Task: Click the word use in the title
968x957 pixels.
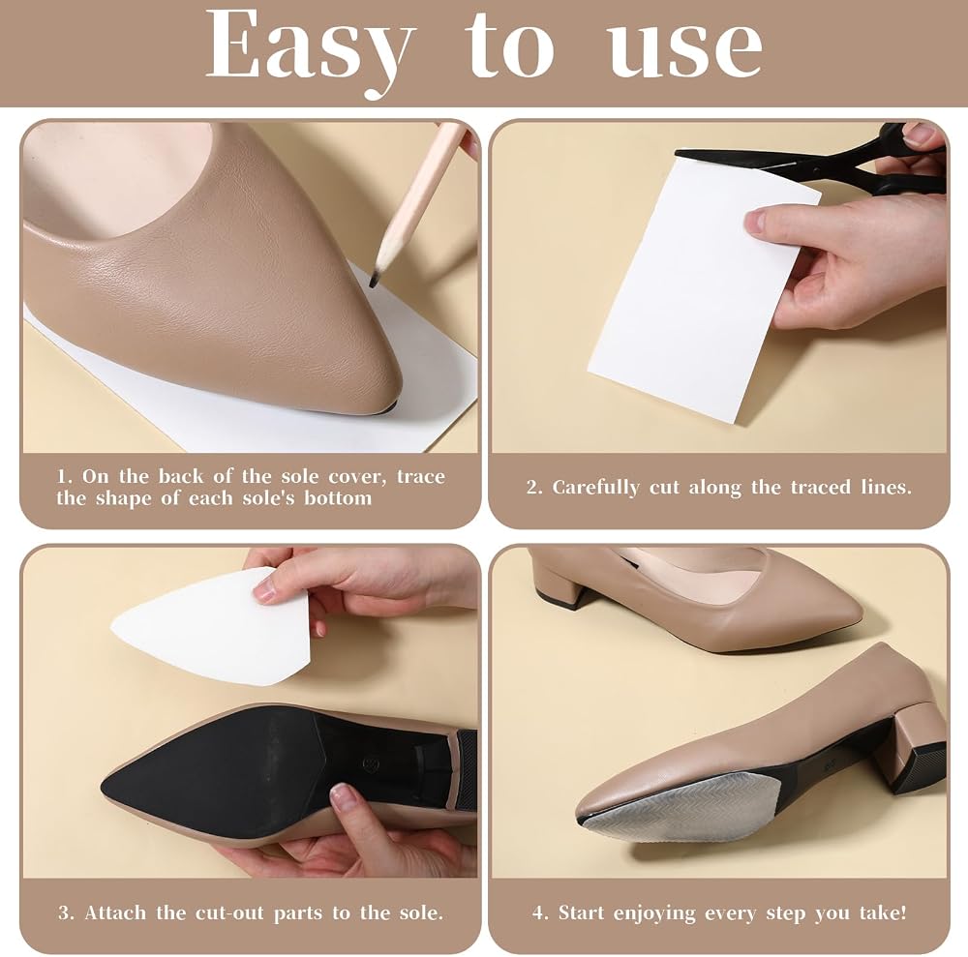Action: pos(684,49)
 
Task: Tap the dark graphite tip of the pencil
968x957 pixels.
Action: pos(374,281)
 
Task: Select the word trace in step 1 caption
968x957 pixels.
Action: pos(420,476)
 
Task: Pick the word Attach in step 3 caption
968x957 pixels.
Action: pos(117,912)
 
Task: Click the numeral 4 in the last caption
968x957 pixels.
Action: pos(540,912)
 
